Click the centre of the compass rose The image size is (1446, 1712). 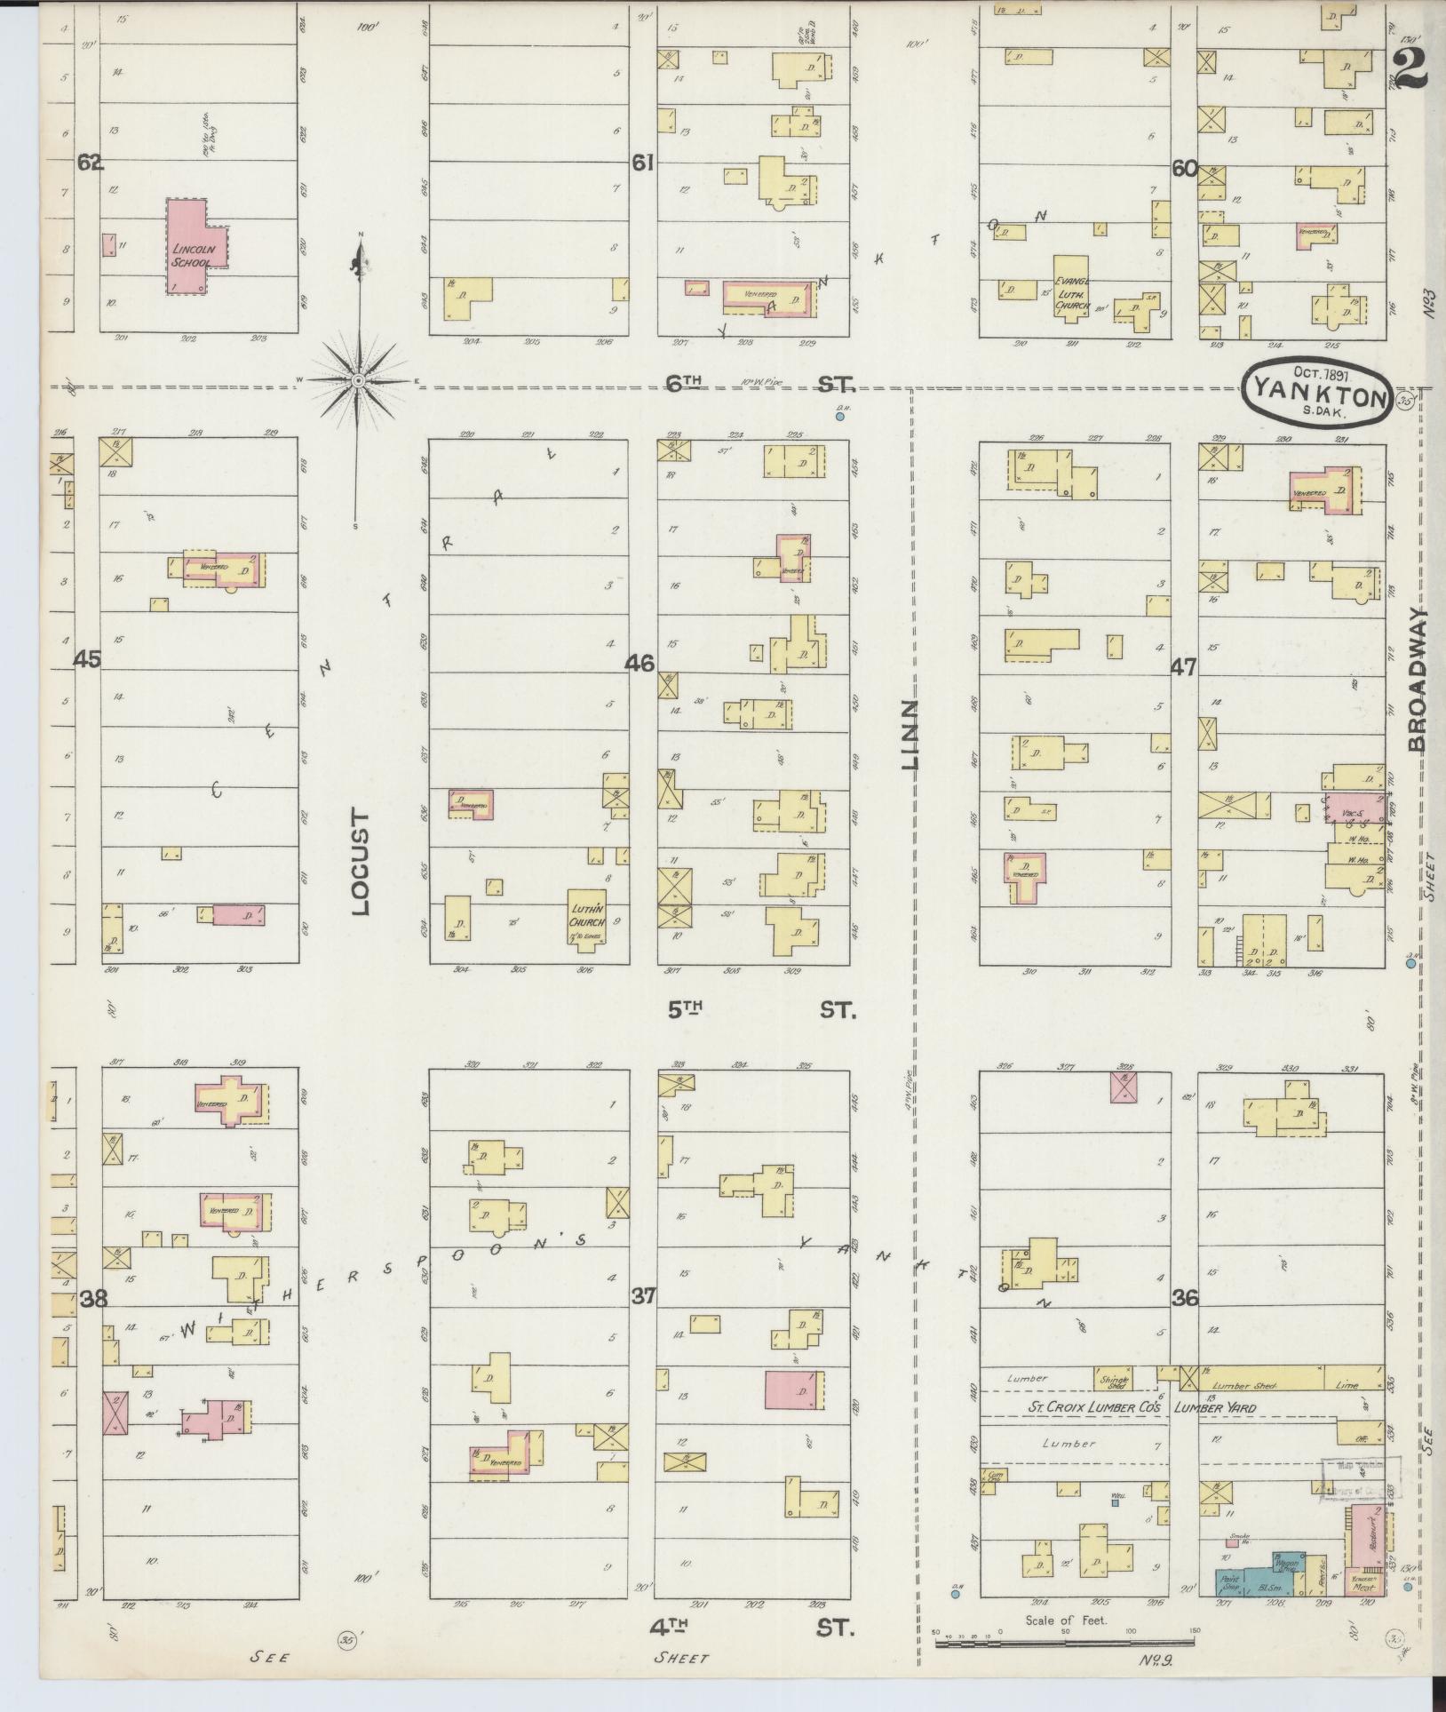pos(358,381)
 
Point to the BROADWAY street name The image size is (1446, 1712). pos(1418,680)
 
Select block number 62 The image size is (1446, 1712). pos(91,163)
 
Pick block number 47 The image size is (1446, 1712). pos(1185,666)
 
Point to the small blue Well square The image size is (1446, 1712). pos(1115,1502)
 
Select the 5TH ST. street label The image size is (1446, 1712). pos(760,1010)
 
